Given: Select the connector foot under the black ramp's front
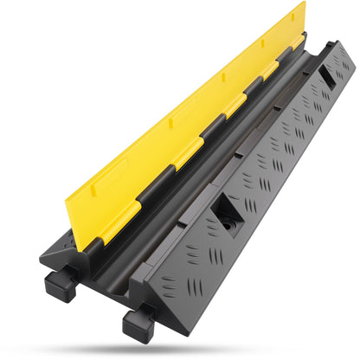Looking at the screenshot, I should coord(138,324).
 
